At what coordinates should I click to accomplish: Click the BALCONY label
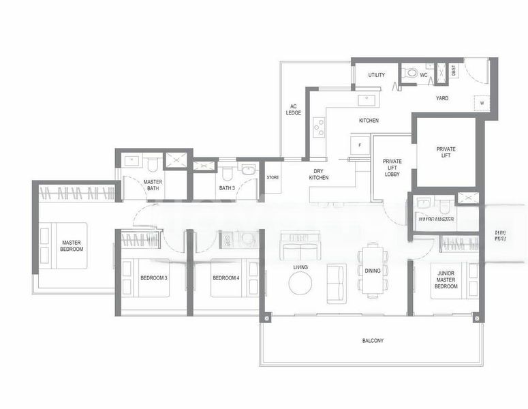coord(373,340)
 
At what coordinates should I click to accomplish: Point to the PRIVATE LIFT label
coord(446,153)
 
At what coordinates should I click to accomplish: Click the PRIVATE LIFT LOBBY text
coord(392,168)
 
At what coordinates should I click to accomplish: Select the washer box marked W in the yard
coord(482,103)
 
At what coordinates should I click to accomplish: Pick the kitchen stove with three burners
coord(319,127)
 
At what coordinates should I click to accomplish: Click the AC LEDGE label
coord(294,109)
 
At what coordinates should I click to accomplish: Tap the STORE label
coord(273,178)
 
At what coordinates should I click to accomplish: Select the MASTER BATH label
coord(153,185)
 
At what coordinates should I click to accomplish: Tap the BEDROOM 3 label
coord(154,278)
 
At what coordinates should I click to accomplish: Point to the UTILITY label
coord(376,75)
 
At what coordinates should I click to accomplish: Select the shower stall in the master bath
coord(177,161)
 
